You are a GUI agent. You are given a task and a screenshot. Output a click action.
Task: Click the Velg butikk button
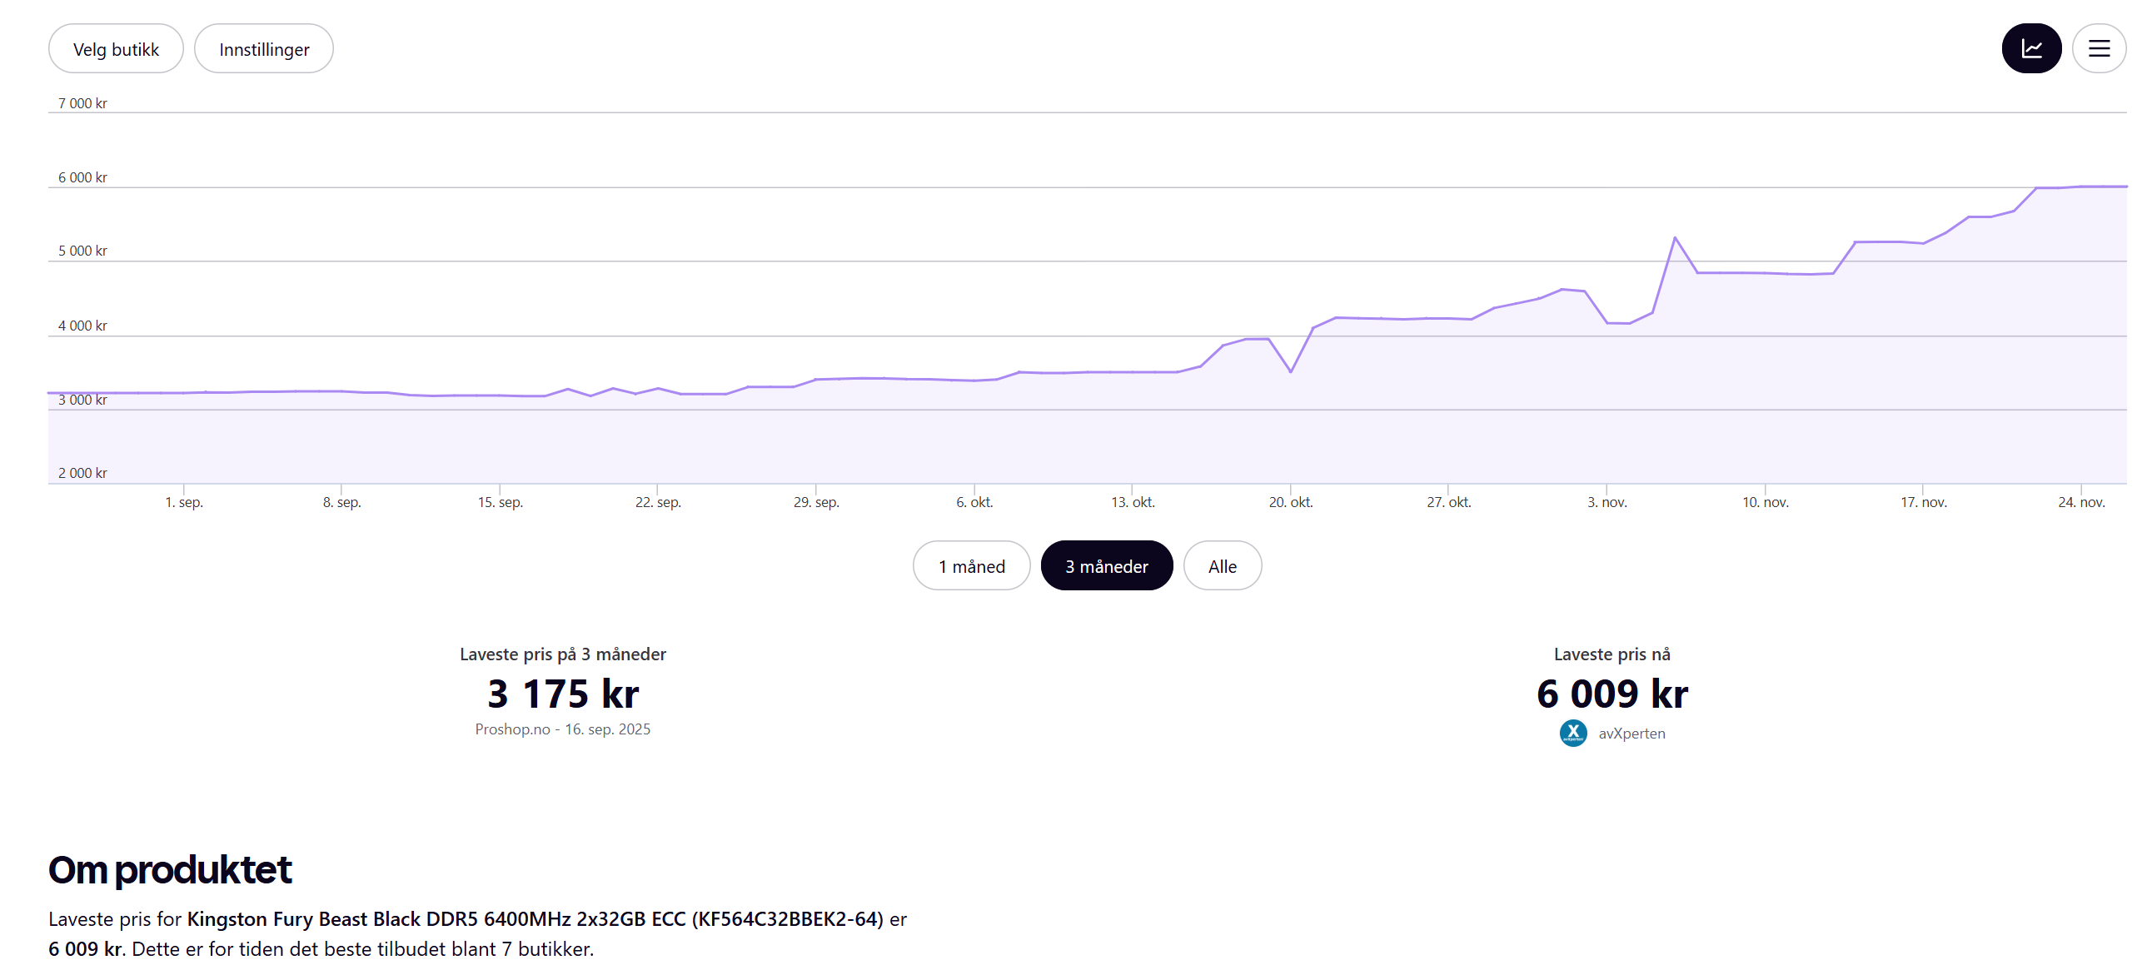(116, 49)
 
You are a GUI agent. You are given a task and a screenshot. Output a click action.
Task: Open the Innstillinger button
(263, 49)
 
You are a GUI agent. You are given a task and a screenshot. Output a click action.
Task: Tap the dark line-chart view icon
(2030, 49)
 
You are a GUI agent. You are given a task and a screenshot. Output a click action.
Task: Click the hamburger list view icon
(2098, 49)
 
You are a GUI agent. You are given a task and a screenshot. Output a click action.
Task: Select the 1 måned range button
(971, 567)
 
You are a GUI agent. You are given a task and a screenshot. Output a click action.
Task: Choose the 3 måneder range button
(1106, 567)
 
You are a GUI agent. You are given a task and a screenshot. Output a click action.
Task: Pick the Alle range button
(1222, 567)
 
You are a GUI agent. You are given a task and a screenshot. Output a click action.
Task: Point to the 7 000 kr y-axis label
(82, 103)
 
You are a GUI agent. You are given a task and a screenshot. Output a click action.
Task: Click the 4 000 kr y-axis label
(82, 326)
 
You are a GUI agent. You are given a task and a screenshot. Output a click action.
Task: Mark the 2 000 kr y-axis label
(82, 473)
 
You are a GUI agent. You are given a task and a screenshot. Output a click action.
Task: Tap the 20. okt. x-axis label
(1290, 503)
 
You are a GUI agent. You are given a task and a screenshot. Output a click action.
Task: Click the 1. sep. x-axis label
(184, 503)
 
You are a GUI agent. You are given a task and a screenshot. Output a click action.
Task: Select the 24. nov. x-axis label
(2080, 503)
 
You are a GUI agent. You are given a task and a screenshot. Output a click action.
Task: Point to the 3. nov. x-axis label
(1606, 503)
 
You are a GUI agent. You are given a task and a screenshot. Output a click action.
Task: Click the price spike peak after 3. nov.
(1675, 238)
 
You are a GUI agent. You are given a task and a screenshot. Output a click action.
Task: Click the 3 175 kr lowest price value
(563, 694)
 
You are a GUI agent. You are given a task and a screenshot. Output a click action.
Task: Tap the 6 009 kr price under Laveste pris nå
(1611, 694)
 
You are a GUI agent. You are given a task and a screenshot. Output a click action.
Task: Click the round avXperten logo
(1572, 734)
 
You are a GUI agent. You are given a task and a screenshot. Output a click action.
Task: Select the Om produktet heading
(170, 870)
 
